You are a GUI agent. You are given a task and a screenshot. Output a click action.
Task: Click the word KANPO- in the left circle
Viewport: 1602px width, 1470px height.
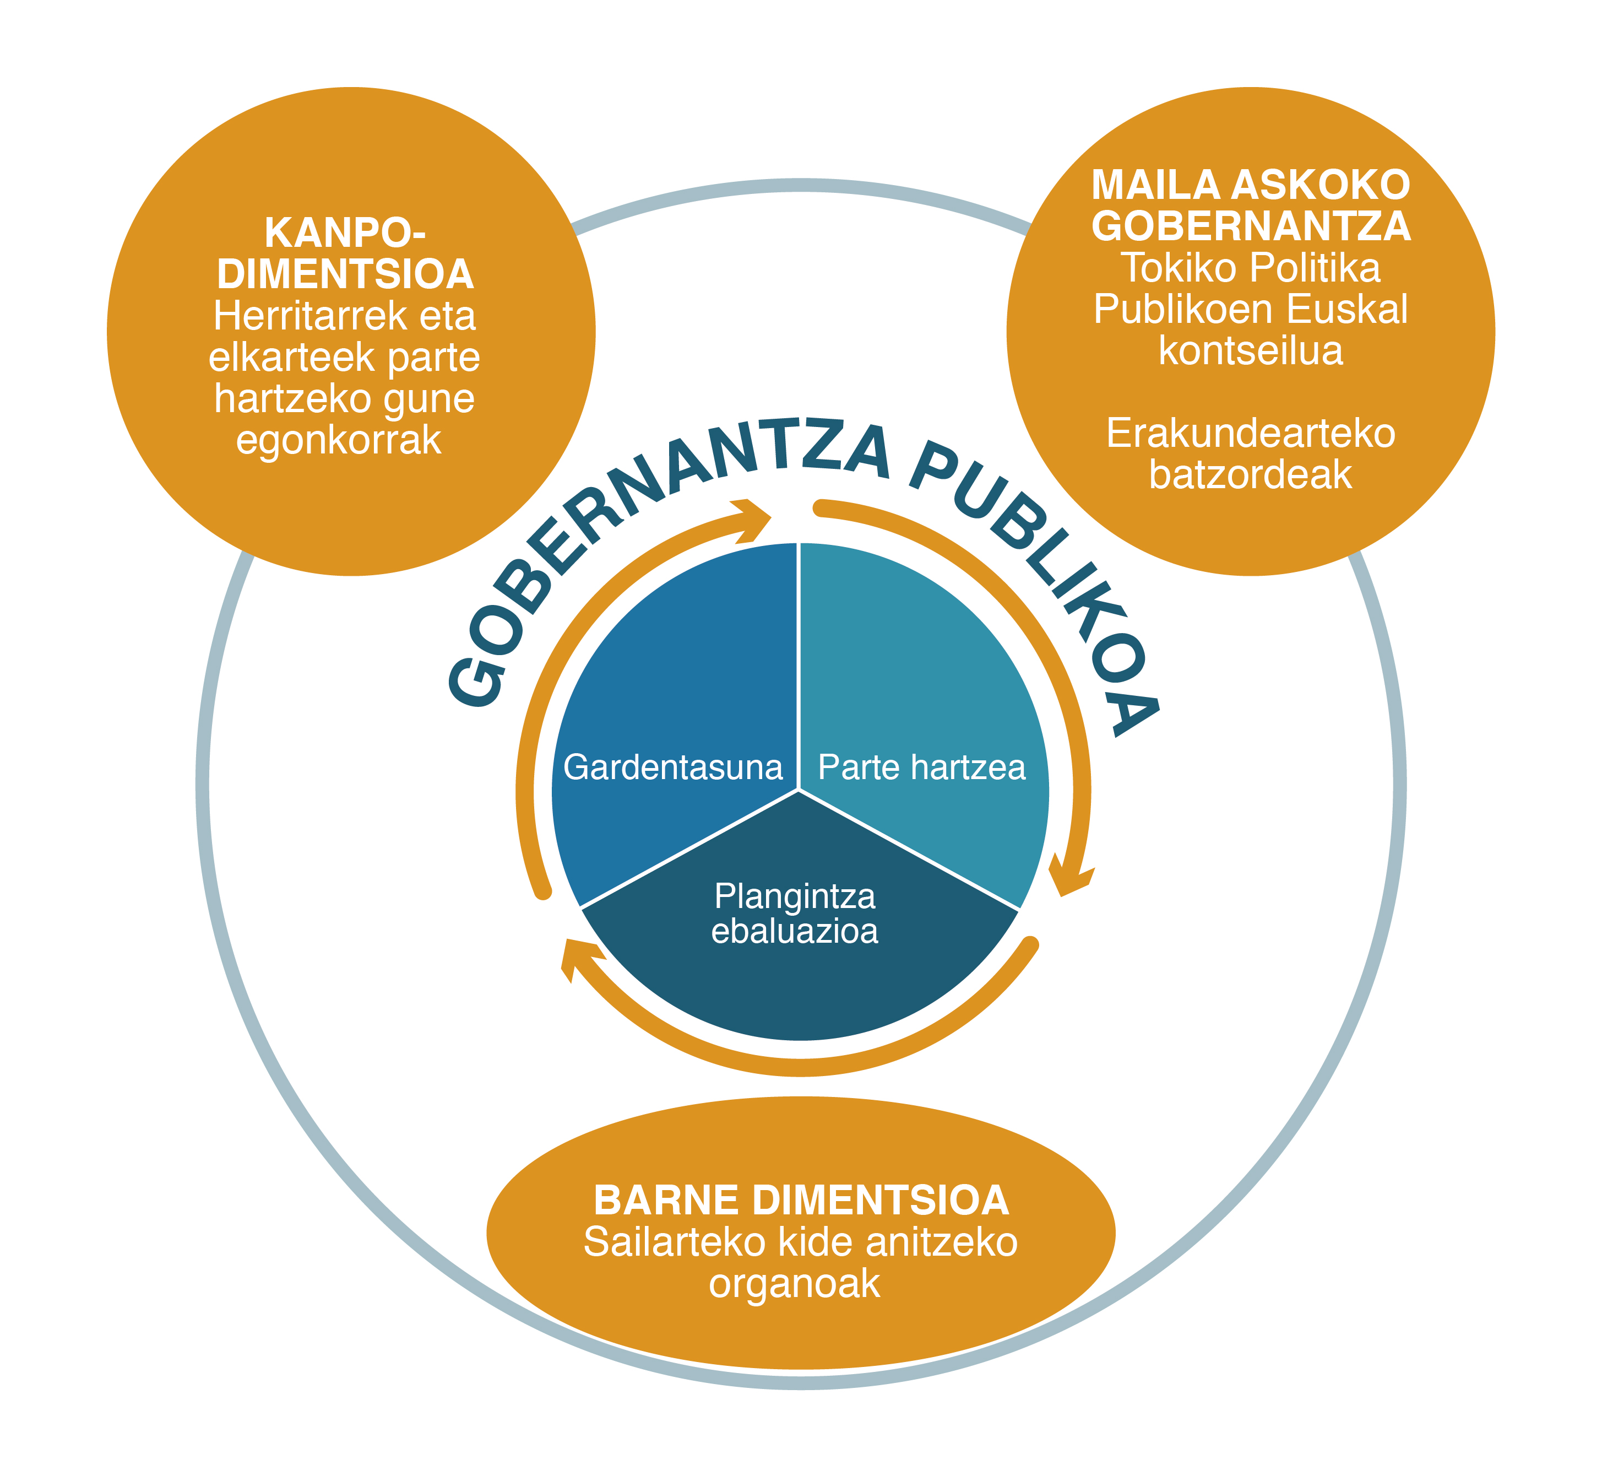point(345,233)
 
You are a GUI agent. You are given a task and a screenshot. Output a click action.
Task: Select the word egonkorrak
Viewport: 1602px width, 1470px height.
point(339,439)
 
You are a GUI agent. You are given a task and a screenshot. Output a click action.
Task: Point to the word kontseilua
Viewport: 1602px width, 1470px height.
point(1251,351)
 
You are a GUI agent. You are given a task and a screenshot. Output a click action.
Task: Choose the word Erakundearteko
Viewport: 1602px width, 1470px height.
point(1251,434)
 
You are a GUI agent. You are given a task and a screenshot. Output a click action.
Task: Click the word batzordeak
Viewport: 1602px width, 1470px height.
point(1251,475)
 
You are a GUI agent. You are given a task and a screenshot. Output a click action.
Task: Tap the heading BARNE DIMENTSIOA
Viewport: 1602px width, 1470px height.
point(801,1201)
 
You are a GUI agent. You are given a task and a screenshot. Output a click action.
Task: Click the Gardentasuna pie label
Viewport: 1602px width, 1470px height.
point(672,768)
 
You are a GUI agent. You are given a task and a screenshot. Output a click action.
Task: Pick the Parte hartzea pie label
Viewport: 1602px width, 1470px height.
point(921,768)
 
